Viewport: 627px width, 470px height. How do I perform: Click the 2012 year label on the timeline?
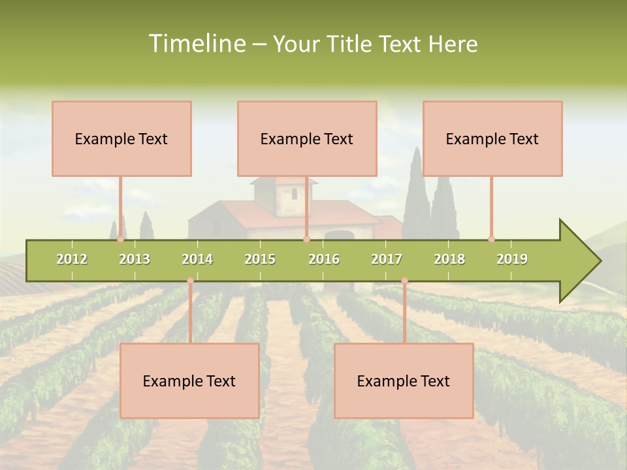tap(72, 259)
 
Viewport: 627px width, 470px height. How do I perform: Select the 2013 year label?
tap(135, 259)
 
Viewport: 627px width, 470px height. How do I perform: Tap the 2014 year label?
tap(197, 259)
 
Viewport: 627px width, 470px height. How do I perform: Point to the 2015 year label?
tap(260, 259)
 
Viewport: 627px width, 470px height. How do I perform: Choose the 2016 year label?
tap(324, 259)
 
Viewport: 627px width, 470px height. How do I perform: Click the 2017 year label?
tap(387, 259)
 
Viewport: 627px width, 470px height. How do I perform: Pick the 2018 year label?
tap(449, 259)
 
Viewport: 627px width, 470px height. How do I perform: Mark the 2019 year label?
tap(512, 259)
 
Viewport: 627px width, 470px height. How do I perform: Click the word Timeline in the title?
tap(195, 44)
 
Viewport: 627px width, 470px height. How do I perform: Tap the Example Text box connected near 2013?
tap(121, 138)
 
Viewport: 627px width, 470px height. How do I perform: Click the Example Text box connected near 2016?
tap(307, 138)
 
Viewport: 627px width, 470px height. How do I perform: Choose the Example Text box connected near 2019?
tap(492, 138)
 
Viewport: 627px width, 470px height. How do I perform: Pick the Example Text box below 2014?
tap(189, 381)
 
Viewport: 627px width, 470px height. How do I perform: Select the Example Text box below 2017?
tap(404, 381)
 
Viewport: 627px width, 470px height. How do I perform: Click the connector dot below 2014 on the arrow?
tap(190, 281)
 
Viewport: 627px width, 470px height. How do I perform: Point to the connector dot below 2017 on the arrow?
tap(404, 281)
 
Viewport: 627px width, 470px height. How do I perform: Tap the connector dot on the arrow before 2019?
tap(491, 239)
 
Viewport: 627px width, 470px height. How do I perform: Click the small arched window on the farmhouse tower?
tap(294, 193)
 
